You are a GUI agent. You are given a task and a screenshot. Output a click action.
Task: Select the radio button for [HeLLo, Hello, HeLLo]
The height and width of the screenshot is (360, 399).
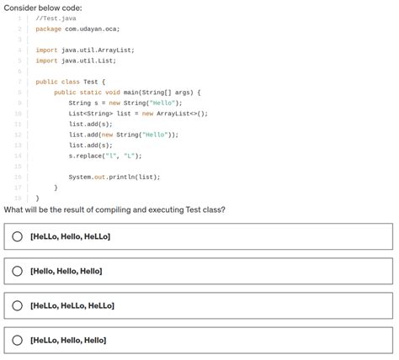17,236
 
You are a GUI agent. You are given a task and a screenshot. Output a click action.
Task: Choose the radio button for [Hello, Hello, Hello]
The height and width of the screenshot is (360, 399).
17,271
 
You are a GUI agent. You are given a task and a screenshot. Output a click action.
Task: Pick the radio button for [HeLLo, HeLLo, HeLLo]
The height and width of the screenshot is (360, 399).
17,305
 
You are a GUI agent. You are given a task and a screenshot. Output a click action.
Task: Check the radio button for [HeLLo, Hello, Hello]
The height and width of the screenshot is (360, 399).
17,340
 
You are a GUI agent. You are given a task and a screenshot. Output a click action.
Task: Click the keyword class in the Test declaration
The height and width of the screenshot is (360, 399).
70,82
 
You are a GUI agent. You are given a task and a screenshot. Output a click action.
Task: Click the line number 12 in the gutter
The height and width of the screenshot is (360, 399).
17,135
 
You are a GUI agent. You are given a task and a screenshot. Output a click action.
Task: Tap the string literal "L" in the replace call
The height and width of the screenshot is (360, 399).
131,156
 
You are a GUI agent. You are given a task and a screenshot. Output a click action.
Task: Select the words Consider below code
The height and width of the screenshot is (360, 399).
43,7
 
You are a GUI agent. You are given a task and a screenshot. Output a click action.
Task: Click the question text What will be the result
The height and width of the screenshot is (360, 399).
114,209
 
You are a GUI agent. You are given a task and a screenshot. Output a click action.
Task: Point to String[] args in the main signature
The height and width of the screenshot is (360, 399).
173,92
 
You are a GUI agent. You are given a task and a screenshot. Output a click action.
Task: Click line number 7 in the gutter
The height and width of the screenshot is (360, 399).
19,82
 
